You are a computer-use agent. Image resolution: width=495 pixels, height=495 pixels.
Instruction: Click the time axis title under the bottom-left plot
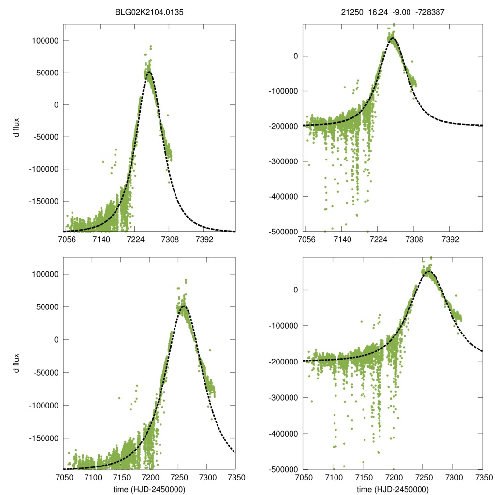tap(149, 489)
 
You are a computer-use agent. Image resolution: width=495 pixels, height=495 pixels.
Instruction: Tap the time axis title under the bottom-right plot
tap(393, 489)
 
